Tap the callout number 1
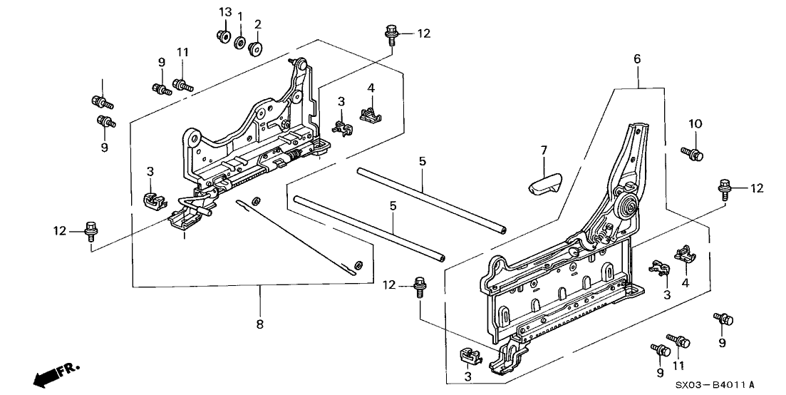click(x=240, y=17)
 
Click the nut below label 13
click(x=223, y=36)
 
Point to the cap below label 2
click(x=255, y=48)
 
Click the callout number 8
click(x=259, y=324)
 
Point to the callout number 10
click(x=695, y=124)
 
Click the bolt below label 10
click(x=692, y=152)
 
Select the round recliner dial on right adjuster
click(x=629, y=207)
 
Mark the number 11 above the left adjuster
click(x=182, y=52)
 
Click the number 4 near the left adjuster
click(x=371, y=88)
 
